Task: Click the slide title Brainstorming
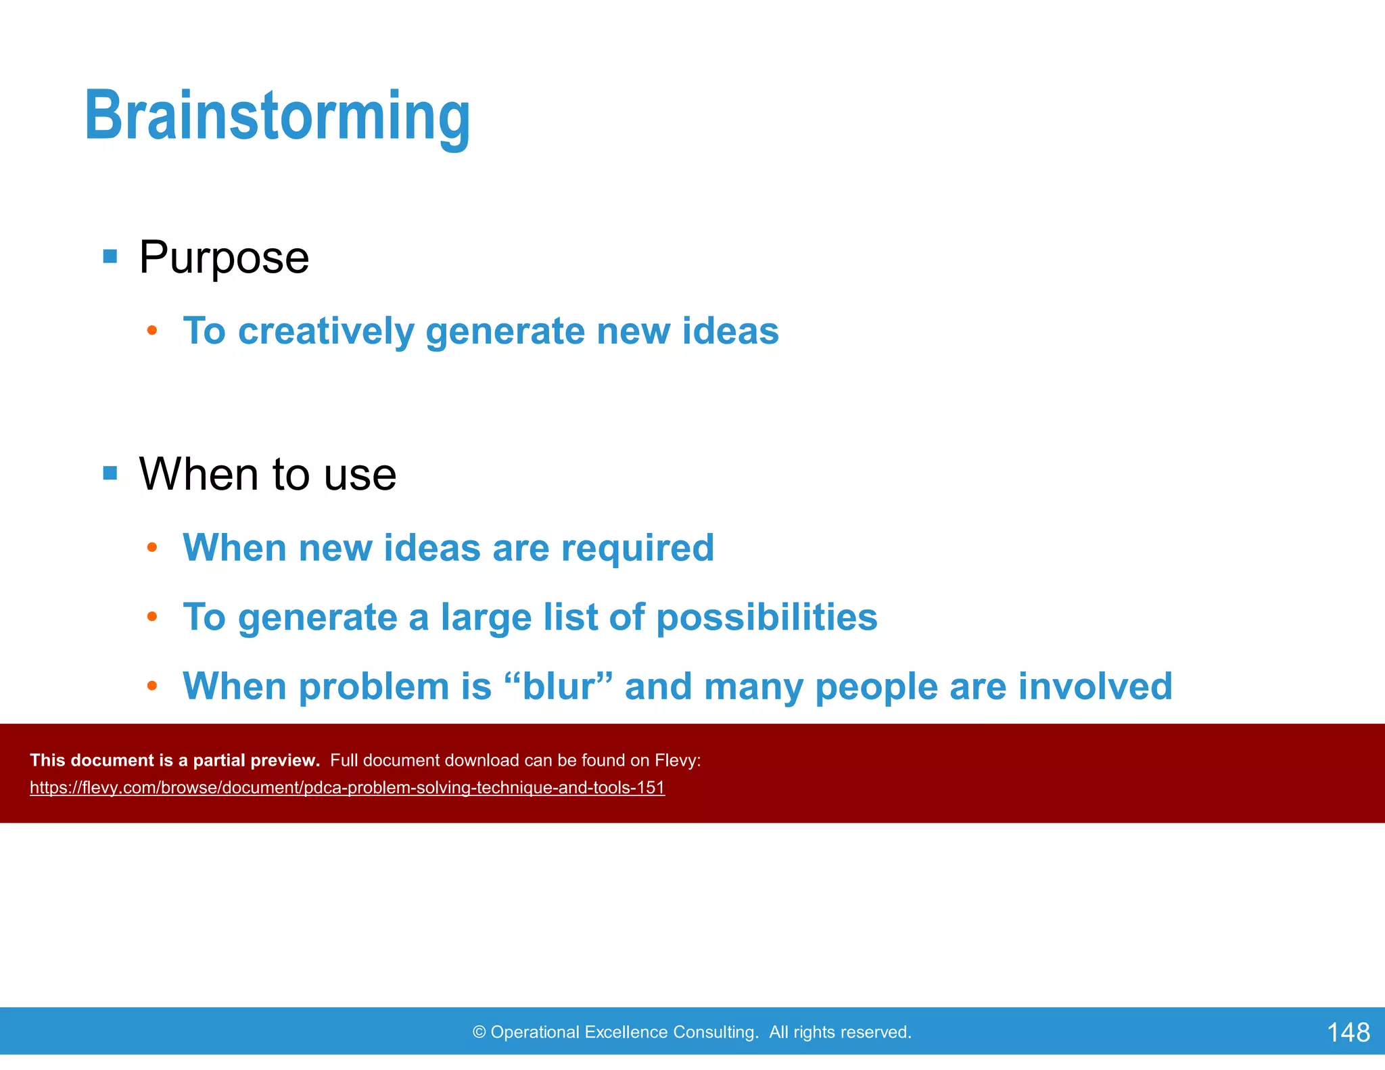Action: pos(277,116)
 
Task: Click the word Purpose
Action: pos(224,258)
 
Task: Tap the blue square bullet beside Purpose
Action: pos(110,256)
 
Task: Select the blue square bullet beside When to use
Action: pos(110,473)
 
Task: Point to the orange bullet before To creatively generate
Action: pos(152,331)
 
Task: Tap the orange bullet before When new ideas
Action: pos(152,547)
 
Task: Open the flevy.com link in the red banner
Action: pos(347,788)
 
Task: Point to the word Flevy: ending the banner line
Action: pos(678,761)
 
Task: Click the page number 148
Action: pos(1348,1032)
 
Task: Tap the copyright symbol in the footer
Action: pos(479,1032)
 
